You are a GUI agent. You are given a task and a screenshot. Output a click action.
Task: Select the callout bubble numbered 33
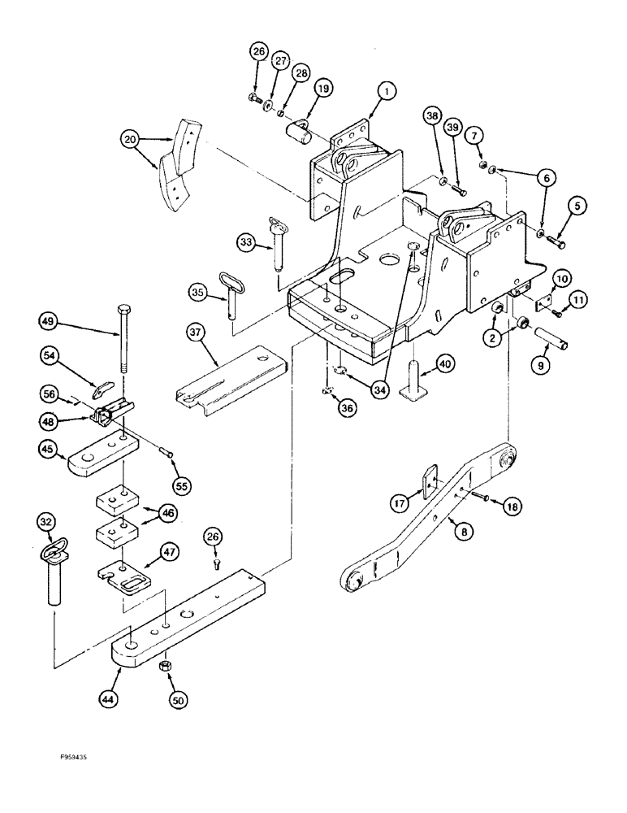(248, 241)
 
